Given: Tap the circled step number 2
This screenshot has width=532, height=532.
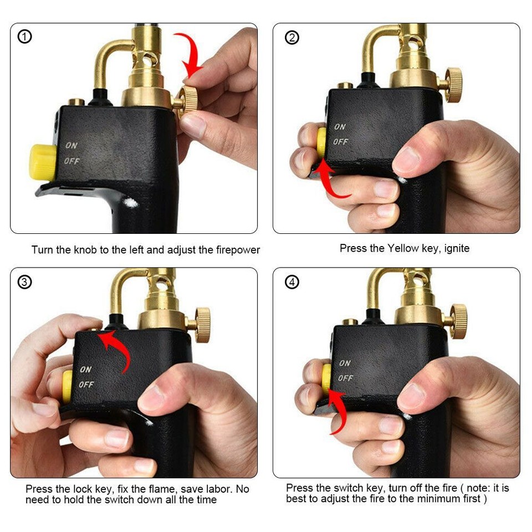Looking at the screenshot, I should pos(291,37).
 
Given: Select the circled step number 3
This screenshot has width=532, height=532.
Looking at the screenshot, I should pos(25,282).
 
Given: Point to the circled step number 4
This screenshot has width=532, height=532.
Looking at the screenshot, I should pos(291,282).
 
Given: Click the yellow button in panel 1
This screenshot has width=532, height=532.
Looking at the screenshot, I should pos(42,162).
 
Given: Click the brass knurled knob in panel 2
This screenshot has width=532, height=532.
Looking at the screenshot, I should pos(454,85).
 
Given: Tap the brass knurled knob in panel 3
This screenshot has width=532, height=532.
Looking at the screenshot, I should pos(202,324).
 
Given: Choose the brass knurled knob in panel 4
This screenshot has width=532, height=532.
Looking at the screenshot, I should pos(458,321).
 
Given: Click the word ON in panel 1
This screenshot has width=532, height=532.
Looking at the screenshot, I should pos(71,146).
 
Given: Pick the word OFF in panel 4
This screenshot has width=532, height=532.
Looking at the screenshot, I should pos(345,378).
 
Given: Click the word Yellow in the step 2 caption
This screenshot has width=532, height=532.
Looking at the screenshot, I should pos(403,248).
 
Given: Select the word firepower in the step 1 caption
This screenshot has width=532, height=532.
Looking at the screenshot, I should pos(229,250).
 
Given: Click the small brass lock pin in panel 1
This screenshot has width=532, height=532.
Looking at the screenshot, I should pos(76,103).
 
